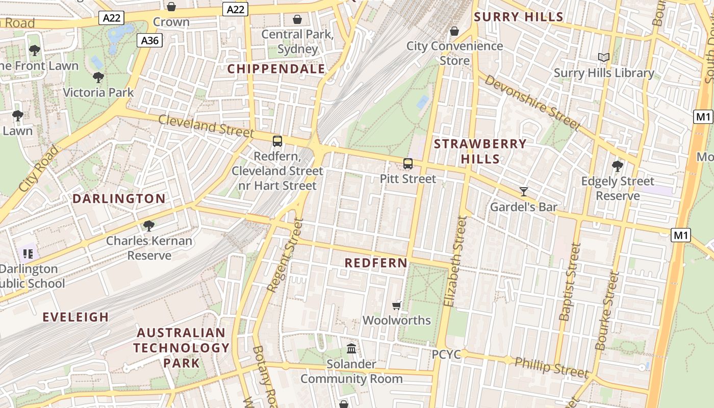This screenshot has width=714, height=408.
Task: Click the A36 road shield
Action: point(149,40)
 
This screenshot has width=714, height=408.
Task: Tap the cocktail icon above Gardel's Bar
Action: point(524,192)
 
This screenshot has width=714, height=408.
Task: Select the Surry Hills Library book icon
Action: point(604,58)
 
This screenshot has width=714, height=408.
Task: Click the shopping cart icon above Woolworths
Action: point(397,305)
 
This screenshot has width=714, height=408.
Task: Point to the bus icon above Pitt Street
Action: point(408,164)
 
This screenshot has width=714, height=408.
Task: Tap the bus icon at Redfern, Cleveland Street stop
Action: point(277,141)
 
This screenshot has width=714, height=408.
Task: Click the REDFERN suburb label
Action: point(376,263)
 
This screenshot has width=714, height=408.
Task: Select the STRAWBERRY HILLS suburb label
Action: point(480,151)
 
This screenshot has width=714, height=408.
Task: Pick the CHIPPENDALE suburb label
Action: point(276,69)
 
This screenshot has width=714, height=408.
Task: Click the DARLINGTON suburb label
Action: point(119,199)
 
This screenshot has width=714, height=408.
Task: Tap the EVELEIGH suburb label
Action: point(75,317)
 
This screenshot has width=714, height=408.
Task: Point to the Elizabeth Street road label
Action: point(455,261)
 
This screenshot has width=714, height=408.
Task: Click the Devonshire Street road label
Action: point(532,103)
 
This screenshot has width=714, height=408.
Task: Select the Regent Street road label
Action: point(285,255)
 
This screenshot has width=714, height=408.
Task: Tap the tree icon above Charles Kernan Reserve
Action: point(149,225)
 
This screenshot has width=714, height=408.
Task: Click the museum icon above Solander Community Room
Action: point(351,349)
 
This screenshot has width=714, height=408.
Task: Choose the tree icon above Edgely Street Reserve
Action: point(617,166)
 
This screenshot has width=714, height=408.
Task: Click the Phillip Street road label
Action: point(551,367)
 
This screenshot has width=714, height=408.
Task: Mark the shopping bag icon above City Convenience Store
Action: point(454,31)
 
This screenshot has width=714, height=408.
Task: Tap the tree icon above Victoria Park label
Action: point(98,78)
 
